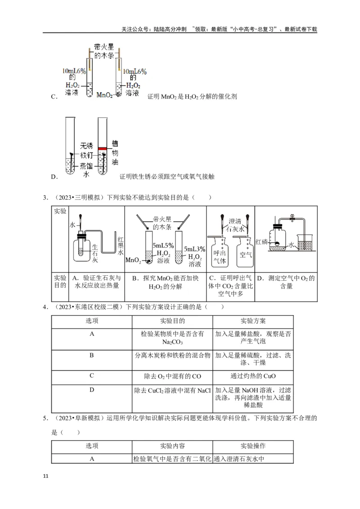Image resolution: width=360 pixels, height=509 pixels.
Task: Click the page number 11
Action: pyautogui.click(x=45, y=476)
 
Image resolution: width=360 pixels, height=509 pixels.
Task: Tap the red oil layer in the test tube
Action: pyautogui.click(x=103, y=148)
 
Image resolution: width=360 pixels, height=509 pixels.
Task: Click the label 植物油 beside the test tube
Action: pyautogui.click(x=115, y=152)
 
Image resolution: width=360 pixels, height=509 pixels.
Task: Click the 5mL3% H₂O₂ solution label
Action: pyautogui.click(x=194, y=256)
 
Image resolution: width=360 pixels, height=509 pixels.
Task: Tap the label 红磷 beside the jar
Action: pyautogui.click(x=261, y=241)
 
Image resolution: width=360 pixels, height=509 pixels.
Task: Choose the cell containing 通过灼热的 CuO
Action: pyautogui.click(x=253, y=376)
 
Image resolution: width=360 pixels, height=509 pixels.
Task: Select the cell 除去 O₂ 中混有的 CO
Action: pyautogui.click(x=172, y=376)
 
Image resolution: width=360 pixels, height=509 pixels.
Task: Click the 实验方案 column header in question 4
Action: pyautogui.click(x=253, y=321)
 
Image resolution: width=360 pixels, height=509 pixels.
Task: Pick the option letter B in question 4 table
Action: pyautogui.click(x=91, y=355)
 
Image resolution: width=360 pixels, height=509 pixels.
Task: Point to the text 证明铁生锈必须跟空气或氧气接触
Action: pyautogui.click(x=167, y=177)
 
